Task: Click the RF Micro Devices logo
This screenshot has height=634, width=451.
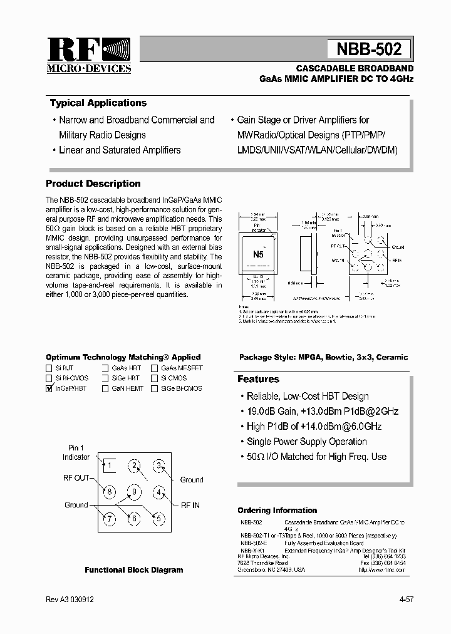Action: click(x=89, y=55)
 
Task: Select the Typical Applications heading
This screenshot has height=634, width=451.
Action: click(x=98, y=103)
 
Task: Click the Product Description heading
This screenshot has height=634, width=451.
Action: click(x=93, y=184)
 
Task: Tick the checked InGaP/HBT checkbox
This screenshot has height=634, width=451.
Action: click(x=49, y=388)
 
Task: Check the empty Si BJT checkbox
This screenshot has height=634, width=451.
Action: click(x=49, y=368)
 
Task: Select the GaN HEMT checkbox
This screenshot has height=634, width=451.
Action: click(x=105, y=388)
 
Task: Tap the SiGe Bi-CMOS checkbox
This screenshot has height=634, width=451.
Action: click(x=154, y=388)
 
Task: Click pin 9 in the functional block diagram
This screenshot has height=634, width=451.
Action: click(x=133, y=492)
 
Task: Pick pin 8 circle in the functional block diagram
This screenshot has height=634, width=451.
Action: click(x=109, y=492)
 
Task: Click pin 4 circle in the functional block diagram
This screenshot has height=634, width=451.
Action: click(x=159, y=492)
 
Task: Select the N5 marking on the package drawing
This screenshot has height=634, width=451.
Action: click(x=258, y=254)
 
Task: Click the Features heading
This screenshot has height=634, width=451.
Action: click(x=258, y=379)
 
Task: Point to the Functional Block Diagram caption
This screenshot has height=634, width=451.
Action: click(x=134, y=570)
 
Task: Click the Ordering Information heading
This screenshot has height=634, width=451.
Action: click(x=277, y=510)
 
